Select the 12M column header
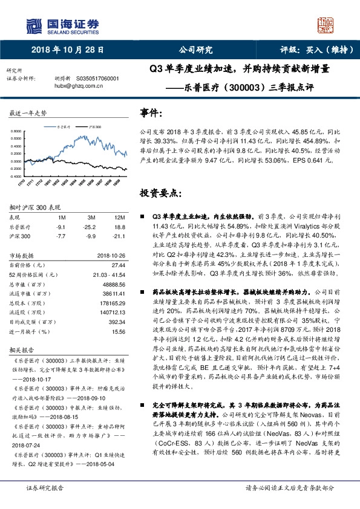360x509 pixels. point(119,216)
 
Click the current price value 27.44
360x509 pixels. point(118,265)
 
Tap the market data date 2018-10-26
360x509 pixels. point(110,255)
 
